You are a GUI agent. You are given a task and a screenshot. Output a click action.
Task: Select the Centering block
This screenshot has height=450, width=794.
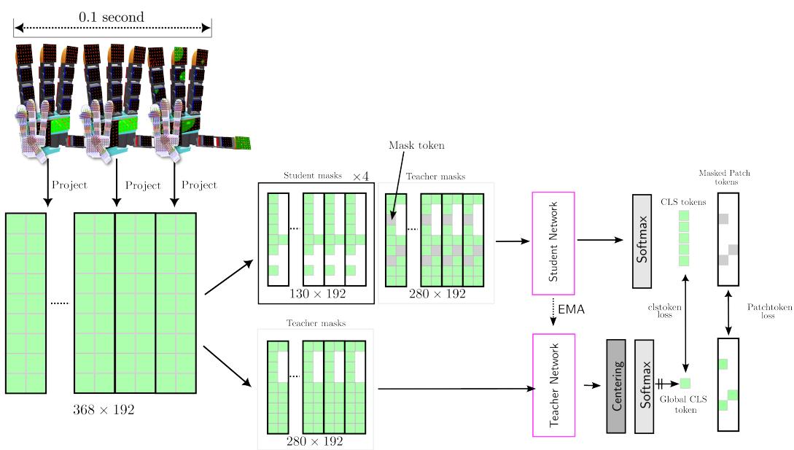pyautogui.click(x=617, y=385)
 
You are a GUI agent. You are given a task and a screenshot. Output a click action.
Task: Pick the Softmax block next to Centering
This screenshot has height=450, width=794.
pyautogui.click(x=645, y=385)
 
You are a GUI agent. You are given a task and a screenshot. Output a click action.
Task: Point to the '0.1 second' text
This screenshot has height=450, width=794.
pyautogui.click(x=112, y=16)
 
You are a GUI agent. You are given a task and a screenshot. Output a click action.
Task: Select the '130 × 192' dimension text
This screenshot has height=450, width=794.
pyautogui.click(x=316, y=293)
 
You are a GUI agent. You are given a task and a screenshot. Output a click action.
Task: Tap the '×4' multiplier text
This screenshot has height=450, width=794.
pyautogui.click(x=362, y=176)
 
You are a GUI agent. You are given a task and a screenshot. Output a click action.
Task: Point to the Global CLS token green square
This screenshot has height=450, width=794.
pyautogui.click(x=685, y=383)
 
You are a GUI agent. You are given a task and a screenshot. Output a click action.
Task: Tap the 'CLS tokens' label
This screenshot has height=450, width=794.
pyautogui.click(x=682, y=202)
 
